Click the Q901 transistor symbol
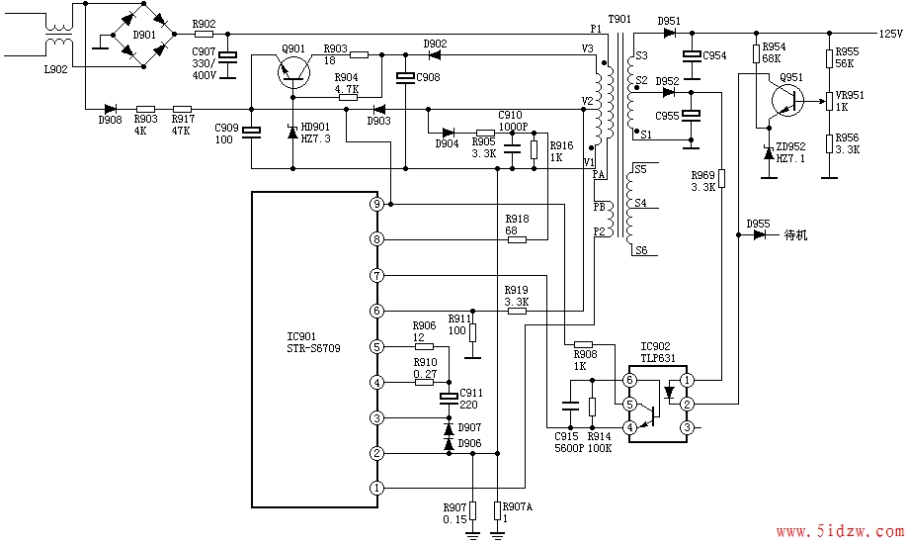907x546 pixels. point(293,72)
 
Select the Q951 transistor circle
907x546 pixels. point(787,100)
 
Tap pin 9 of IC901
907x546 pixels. point(376,204)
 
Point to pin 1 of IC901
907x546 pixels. point(376,488)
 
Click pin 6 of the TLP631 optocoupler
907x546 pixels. point(629,381)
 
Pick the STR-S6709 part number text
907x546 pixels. point(313,348)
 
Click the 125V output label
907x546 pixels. point(891,34)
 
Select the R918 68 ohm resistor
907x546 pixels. point(517,239)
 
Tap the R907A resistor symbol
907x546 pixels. point(497,510)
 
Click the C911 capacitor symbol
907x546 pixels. point(449,398)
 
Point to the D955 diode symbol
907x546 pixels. point(760,234)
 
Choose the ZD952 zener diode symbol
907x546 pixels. point(769,153)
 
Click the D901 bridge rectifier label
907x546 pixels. point(144,35)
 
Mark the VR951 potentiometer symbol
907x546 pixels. point(829,101)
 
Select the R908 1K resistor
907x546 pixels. point(583,344)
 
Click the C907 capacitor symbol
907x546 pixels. point(229,56)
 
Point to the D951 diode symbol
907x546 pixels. point(670,33)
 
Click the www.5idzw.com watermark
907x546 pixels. point(840,530)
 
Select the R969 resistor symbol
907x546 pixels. point(722,178)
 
